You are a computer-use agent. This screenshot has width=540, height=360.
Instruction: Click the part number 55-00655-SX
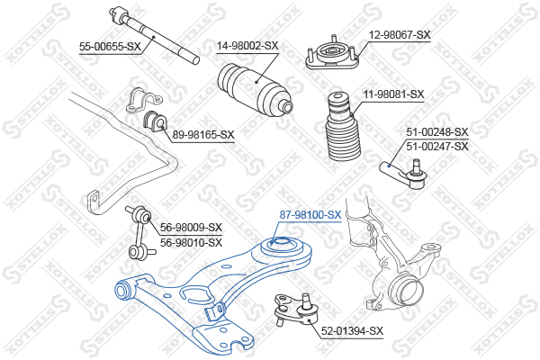[x=110, y=46]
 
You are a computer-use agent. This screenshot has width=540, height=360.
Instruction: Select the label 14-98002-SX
[x=247, y=46]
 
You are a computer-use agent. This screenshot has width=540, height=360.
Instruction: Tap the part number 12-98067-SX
[x=400, y=35]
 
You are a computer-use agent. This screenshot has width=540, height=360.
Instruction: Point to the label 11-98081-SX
[x=393, y=94]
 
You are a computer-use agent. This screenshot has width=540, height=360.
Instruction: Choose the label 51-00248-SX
[x=437, y=132]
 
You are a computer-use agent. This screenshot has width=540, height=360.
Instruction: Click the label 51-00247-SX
[x=437, y=147]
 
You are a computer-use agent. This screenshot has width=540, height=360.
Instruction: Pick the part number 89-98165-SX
[x=203, y=135]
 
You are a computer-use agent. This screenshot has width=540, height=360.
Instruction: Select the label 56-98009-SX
[x=191, y=228]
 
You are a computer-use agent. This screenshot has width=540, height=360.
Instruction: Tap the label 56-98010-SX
[x=191, y=242]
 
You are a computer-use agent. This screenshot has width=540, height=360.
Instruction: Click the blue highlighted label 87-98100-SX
[x=310, y=215]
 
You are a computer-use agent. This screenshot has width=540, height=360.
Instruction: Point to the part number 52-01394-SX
[x=352, y=331]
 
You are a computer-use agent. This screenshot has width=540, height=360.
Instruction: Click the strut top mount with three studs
[x=332, y=54]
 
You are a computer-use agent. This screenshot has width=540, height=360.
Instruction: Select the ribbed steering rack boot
[x=256, y=90]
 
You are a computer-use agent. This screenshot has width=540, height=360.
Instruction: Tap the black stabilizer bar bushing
[x=154, y=121]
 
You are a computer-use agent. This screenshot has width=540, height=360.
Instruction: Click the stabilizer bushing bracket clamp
[x=142, y=100]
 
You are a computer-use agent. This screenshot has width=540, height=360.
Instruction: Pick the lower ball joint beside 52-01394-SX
[x=296, y=309]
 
